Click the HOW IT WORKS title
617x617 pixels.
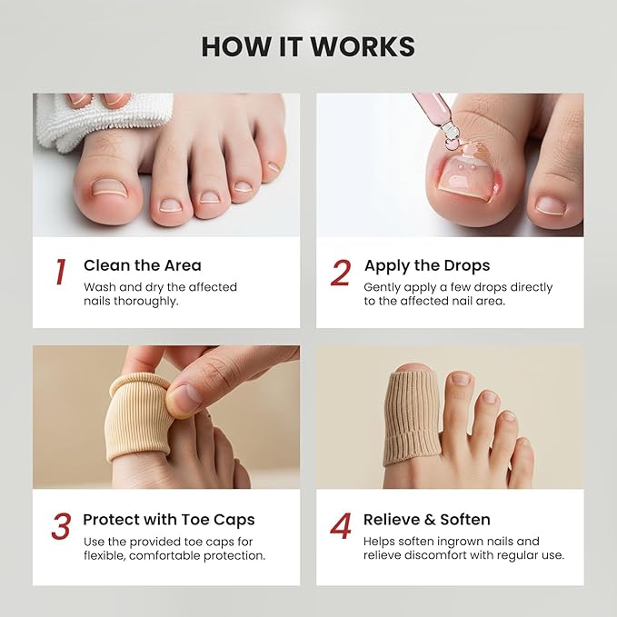tap(308, 46)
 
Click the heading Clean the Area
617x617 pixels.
tap(142, 265)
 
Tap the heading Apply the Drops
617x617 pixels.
tap(426, 265)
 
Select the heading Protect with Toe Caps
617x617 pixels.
tap(168, 520)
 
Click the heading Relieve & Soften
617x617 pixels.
tap(426, 520)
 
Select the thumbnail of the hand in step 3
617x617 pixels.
tap(185, 396)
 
